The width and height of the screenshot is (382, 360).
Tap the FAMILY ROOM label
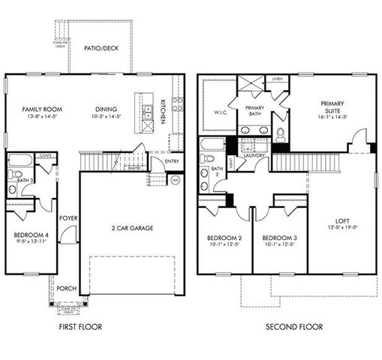(x=30, y=109)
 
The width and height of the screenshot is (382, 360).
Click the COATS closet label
(x=45, y=156)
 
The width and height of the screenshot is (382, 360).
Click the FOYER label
(x=65, y=219)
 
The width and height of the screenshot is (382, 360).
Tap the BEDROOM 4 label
(x=31, y=235)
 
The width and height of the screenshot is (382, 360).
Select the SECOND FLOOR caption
(x=295, y=327)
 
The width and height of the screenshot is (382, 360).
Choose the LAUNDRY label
(x=252, y=176)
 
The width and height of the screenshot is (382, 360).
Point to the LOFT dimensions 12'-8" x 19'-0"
(x=342, y=227)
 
